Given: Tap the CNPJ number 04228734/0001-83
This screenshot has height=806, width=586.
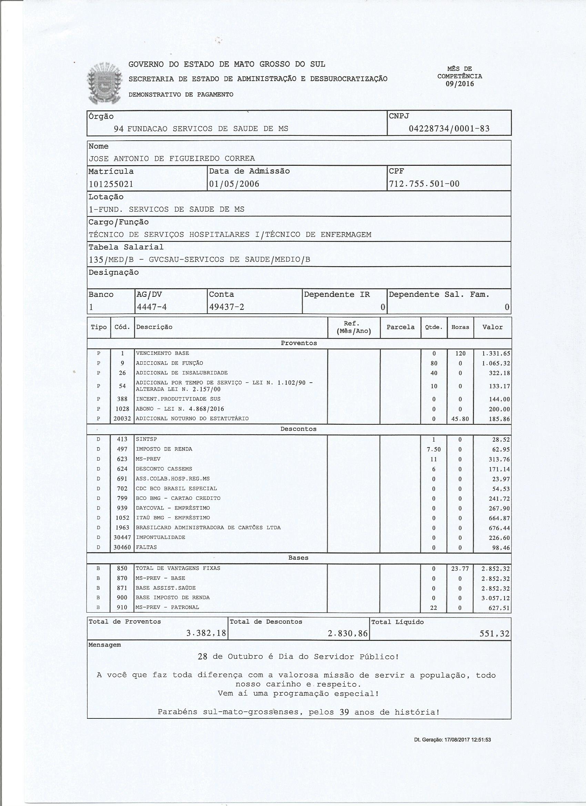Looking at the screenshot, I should point(449,129).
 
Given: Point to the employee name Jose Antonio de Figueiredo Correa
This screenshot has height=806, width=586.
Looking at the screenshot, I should point(172,159).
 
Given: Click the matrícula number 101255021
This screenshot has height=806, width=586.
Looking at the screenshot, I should point(111,184).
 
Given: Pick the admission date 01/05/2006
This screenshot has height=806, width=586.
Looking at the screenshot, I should point(234,184).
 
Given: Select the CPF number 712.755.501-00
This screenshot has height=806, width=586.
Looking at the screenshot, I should point(424,184).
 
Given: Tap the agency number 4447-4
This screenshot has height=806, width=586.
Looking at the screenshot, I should point(152,307).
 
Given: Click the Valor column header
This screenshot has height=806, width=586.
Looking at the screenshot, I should point(492,327).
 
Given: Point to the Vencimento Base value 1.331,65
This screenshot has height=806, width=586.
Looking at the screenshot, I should point(496,354).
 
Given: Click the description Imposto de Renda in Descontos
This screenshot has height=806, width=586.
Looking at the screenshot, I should point(164,449).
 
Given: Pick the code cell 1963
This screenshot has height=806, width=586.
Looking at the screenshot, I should point(122,528).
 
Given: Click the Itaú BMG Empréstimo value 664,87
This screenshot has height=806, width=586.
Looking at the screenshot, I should point(499,518).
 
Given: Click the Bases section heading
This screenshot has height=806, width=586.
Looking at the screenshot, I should point(298,558).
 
